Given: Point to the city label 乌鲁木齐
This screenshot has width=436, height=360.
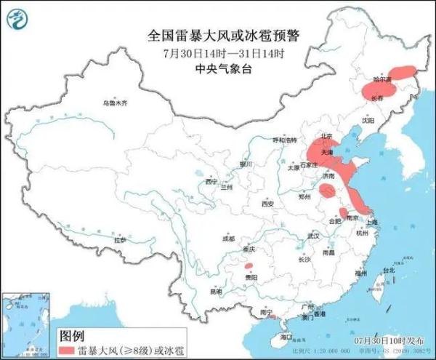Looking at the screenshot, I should click(x=114, y=103).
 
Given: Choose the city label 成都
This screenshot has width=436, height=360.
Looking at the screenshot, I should click(x=228, y=238).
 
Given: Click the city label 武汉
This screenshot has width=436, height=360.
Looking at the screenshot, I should click(x=313, y=236).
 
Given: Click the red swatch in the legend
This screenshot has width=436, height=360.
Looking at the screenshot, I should click(x=74, y=350).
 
